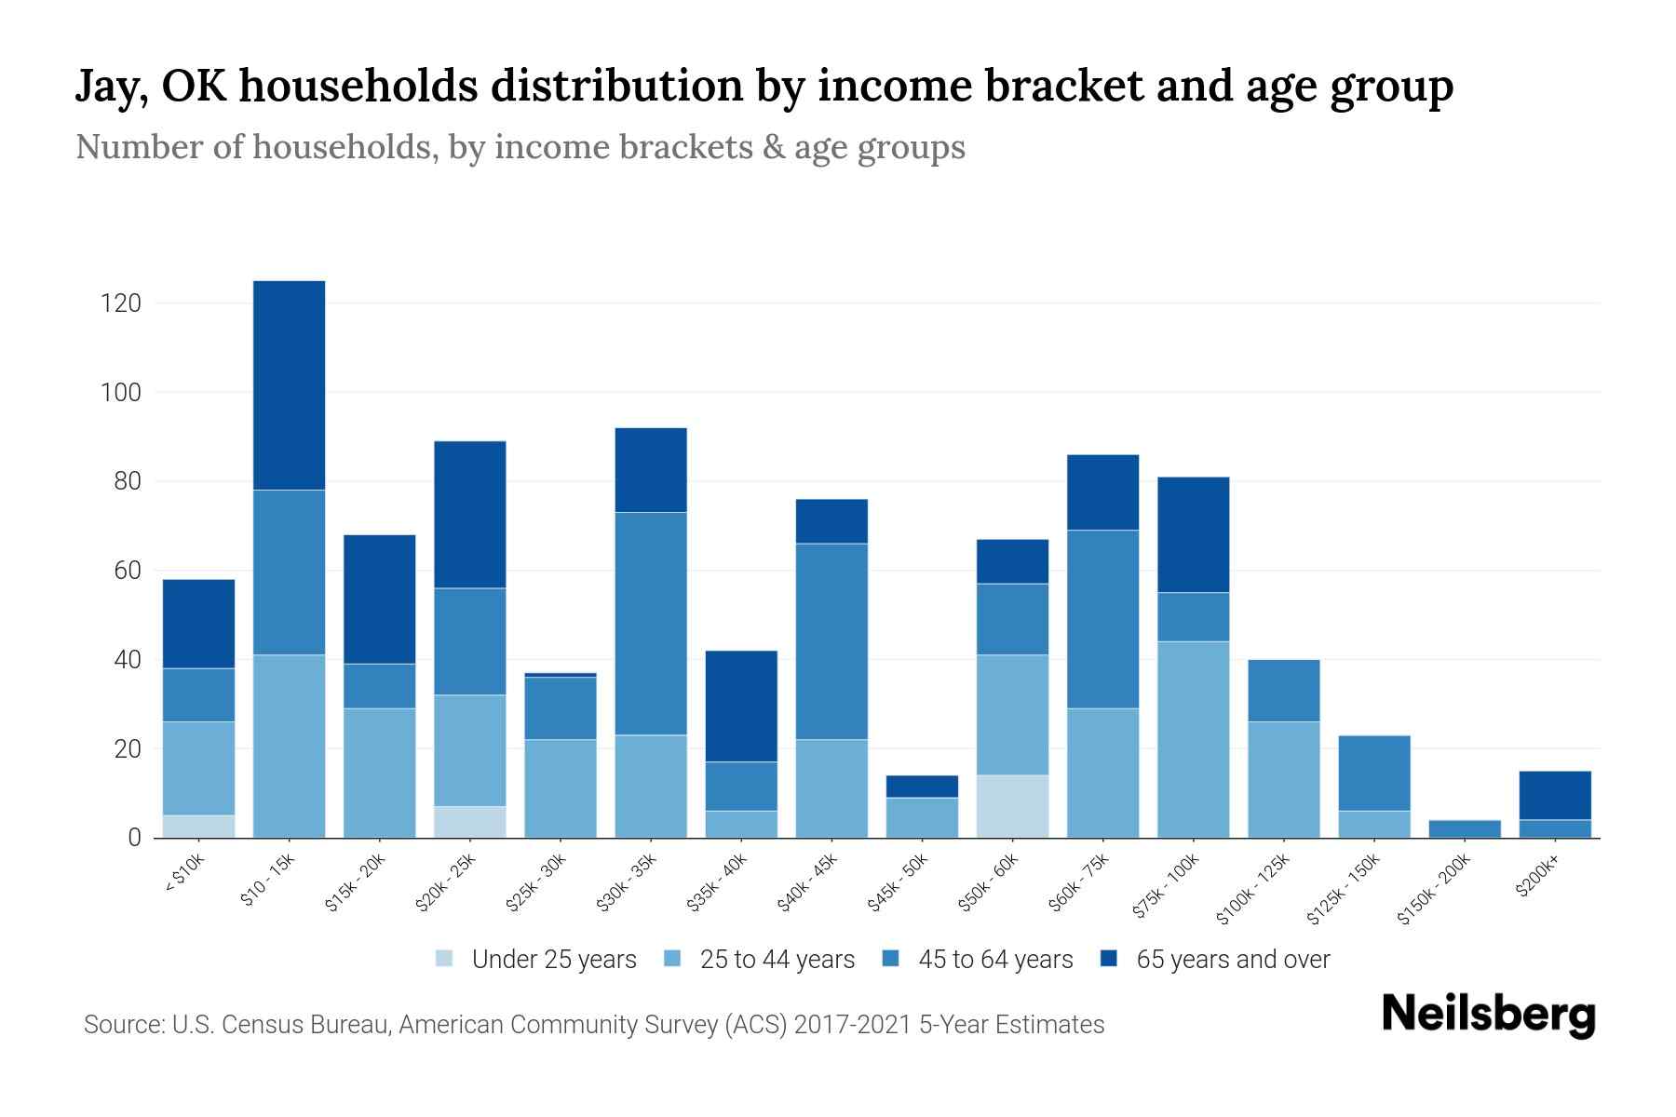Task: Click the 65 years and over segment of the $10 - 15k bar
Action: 289,384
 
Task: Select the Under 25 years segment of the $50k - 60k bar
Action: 1012,806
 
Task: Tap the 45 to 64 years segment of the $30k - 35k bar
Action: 651,624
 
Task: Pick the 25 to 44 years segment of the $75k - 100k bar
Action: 1193,739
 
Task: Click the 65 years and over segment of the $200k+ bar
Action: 1554,795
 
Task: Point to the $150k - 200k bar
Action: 1464,828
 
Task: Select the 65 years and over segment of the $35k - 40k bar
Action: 741,706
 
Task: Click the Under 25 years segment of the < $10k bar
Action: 198,827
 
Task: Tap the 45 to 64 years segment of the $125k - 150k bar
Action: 1373,773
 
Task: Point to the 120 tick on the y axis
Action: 121,303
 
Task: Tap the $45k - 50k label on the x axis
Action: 899,884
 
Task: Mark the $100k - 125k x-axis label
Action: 1254,892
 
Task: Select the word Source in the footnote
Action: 121,1025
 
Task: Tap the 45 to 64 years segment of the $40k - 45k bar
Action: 831,640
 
